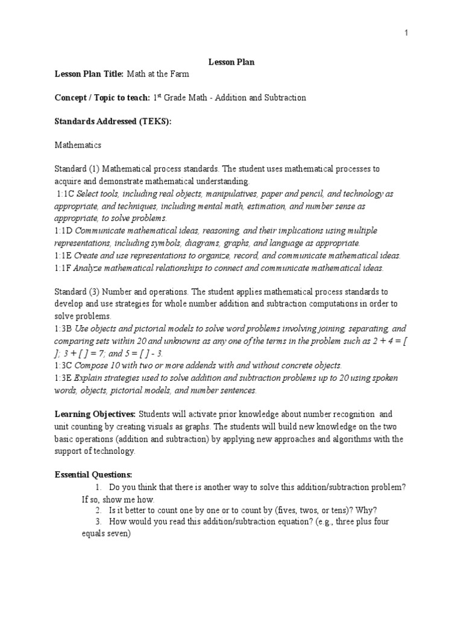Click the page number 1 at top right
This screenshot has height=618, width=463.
point(406,33)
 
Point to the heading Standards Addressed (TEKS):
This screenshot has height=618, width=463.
point(113,121)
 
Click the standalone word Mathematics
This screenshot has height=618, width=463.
point(78,145)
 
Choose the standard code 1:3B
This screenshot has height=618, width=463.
point(64,329)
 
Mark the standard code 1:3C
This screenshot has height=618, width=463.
point(64,365)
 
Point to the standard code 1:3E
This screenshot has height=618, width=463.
point(64,378)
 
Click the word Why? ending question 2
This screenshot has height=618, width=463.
point(367,509)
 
